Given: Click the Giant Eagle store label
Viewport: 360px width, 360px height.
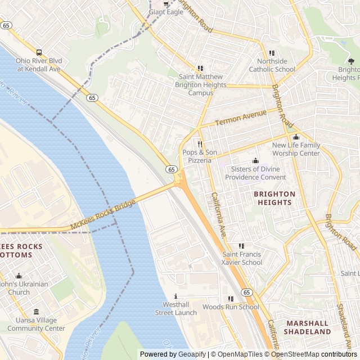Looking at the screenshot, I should tap(166, 12).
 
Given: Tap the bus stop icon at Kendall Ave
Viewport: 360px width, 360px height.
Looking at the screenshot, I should tap(39, 52).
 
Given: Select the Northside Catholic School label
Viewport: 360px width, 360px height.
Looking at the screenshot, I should tap(272, 65).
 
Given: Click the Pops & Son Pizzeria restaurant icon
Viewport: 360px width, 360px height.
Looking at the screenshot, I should tap(199, 144).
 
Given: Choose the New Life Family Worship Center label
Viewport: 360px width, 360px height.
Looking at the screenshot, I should tap(296, 149).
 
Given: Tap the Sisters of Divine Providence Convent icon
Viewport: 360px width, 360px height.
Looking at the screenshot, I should tap(255, 161).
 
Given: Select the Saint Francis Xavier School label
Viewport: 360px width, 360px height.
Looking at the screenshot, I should tap(242, 258).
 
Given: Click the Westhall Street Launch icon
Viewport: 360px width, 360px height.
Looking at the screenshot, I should tap(176, 296).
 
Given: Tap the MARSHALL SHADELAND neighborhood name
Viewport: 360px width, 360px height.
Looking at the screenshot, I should tap(308, 327).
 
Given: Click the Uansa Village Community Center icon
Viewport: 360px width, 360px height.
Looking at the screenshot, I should tap(36, 312).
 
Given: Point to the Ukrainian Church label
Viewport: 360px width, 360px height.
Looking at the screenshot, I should tap(22, 288).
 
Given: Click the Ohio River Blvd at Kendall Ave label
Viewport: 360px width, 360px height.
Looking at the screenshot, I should tap(38, 65).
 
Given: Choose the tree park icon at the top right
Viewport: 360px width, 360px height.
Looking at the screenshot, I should tap(344, 61).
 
